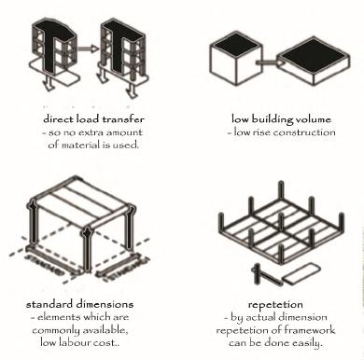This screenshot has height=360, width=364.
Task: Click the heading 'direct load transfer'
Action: tap(93, 119)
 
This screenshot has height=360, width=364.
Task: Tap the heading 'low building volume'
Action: tap(281, 119)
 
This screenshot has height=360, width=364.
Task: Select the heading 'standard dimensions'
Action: tap(80, 304)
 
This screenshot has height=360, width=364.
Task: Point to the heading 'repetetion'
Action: tap(275, 305)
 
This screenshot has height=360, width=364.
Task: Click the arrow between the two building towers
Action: tap(88, 48)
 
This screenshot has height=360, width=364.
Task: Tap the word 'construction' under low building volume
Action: tap(304, 132)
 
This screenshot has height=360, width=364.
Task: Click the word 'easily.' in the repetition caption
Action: tap(307, 342)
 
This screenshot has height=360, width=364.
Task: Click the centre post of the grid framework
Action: tap(281, 223)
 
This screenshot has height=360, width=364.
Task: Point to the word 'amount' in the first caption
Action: tap(124, 132)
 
